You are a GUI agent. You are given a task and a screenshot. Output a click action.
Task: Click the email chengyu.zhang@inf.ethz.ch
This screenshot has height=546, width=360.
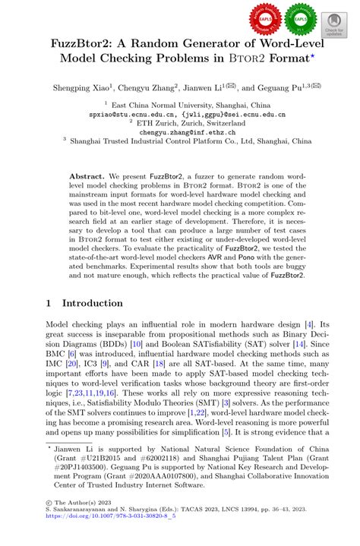click(x=179, y=131)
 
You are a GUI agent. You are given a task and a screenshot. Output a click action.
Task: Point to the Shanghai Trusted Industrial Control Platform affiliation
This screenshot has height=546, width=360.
click(x=179, y=140)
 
